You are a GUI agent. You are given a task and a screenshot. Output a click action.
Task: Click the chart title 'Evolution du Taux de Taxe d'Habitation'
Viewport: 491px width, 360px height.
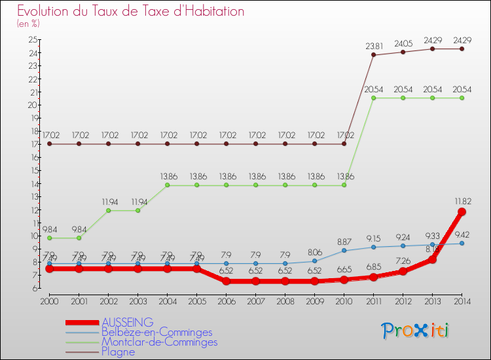tap(131, 12)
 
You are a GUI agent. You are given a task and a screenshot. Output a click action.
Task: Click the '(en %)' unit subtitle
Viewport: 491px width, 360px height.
tap(28, 24)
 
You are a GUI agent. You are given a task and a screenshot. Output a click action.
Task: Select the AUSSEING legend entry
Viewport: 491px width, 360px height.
tap(128, 322)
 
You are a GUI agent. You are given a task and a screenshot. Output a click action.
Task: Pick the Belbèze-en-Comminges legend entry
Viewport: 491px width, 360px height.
tap(156, 332)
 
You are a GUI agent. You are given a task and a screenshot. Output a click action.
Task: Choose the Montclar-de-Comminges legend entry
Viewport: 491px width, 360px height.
tap(159, 342)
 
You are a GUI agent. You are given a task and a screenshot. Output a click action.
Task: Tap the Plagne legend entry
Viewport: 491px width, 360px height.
tap(118, 351)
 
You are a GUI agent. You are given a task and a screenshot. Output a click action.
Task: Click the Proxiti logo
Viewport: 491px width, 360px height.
tap(415, 331)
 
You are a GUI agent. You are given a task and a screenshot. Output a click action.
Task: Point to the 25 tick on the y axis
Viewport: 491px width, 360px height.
tap(33, 39)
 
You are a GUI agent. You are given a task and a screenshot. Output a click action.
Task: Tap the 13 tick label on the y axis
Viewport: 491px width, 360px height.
tap(33, 197)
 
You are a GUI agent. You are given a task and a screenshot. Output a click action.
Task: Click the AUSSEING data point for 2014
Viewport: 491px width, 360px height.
tap(462, 211)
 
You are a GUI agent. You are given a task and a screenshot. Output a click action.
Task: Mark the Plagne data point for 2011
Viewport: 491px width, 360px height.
tap(373, 55)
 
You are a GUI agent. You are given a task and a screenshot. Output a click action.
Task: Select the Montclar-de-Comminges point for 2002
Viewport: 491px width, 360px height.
tap(108, 211)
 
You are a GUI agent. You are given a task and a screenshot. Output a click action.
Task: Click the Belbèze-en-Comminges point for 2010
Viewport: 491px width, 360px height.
tap(344, 251)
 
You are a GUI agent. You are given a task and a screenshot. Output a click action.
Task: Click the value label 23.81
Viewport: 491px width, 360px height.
tap(374, 46)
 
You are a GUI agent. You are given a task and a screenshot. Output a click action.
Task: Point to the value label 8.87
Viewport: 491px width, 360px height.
tap(345, 241)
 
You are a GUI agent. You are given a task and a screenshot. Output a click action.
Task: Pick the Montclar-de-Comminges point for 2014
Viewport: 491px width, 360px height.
tap(462, 98)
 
